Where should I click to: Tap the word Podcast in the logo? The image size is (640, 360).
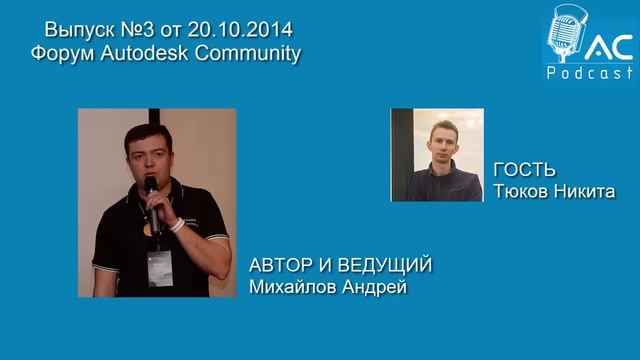pyautogui.click(x=590, y=75)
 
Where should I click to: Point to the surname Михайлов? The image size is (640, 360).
pyautogui.click(x=294, y=287)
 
